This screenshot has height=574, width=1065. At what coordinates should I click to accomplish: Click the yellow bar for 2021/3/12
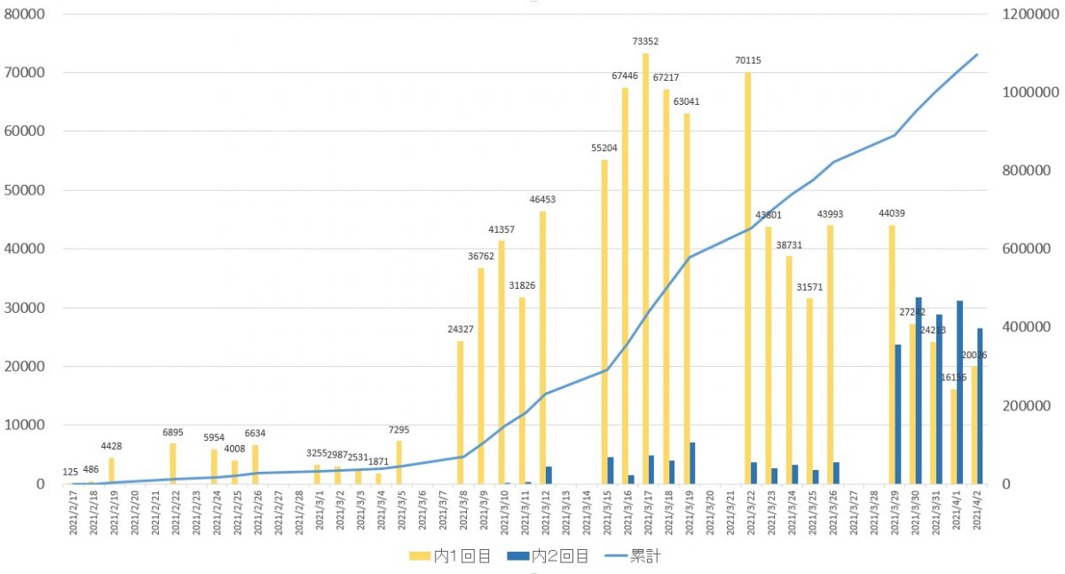pos(542,347)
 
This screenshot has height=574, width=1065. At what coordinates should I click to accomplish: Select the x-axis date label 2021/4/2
pos(977,513)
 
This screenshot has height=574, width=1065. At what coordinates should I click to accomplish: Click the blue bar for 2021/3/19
pos(692,463)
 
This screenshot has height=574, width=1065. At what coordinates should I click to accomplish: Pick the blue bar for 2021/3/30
pos(919,391)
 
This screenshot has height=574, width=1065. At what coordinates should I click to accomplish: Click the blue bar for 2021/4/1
pos(960,392)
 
